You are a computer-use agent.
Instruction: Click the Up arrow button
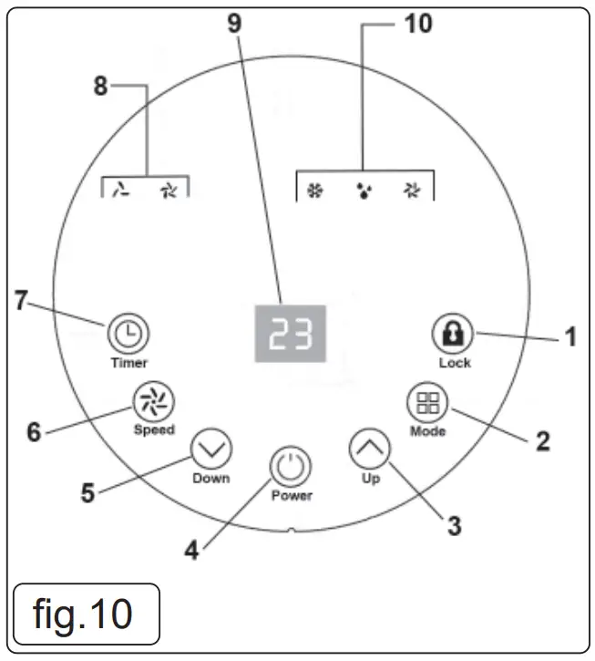click(x=369, y=447)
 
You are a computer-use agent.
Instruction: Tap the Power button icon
click(x=291, y=468)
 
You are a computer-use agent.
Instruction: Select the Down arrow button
click(x=211, y=448)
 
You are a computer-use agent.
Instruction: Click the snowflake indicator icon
click(x=316, y=191)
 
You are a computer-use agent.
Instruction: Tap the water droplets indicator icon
click(x=364, y=192)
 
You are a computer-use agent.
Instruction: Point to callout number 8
click(x=100, y=86)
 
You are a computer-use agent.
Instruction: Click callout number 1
click(x=571, y=337)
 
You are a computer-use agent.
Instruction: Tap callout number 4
click(x=192, y=550)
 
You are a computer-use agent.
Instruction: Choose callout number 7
click(x=20, y=300)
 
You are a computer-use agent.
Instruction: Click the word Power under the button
click(x=292, y=496)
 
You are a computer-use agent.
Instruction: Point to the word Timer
click(x=128, y=362)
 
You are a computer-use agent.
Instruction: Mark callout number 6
click(x=34, y=431)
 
